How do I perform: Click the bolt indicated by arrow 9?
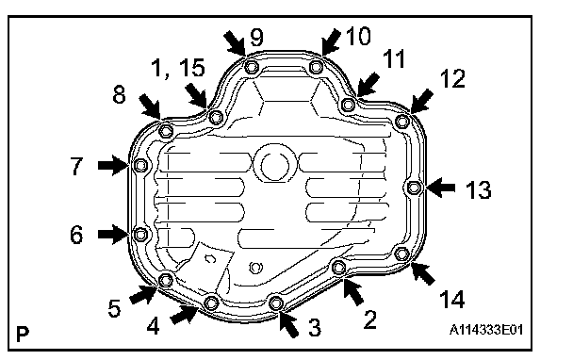[x=251, y=67]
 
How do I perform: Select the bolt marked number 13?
[x=414, y=188]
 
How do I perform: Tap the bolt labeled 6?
[x=140, y=235]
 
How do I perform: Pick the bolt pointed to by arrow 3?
[x=276, y=303]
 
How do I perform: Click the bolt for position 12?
[x=402, y=121]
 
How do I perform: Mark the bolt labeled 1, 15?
[x=216, y=117]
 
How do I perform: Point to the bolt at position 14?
[x=402, y=254]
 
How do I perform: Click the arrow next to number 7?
[x=113, y=165]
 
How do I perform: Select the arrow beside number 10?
[x=331, y=42]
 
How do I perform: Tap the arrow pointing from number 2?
[x=353, y=291]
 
